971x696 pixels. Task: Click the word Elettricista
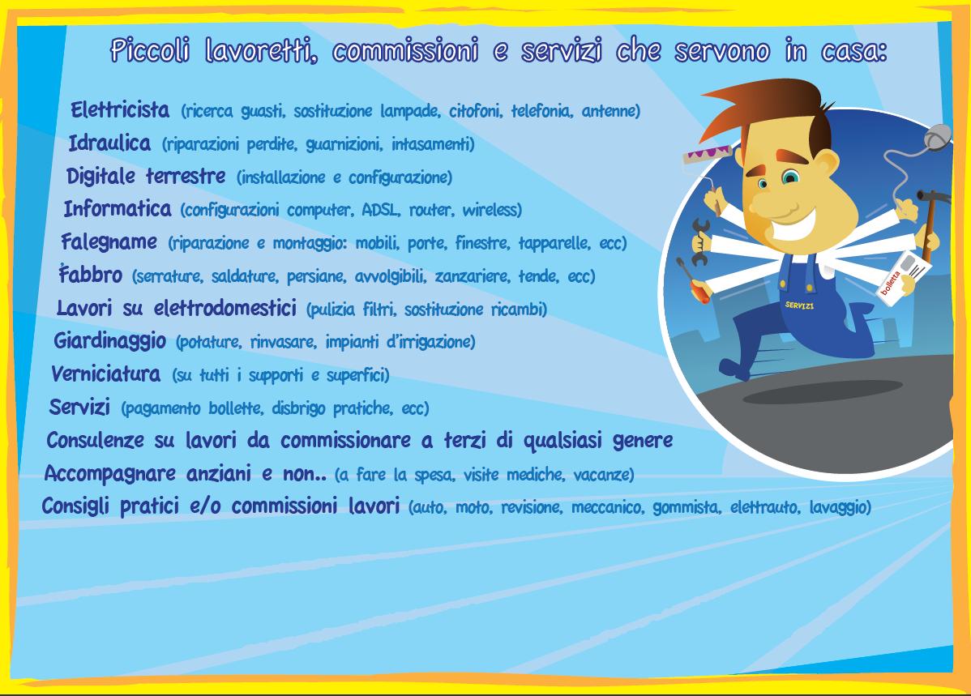(x=119, y=110)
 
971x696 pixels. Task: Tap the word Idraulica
(x=109, y=143)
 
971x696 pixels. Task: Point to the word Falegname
(x=109, y=241)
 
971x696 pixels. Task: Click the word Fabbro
(x=91, y=274)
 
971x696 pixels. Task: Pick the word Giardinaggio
(x=109, y=340)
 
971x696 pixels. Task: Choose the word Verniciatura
(x=105, y=374)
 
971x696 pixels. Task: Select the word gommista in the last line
(x=687, y=508)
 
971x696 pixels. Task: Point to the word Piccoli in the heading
(x=150, y=50)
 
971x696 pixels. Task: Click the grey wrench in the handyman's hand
(x=699, y=242)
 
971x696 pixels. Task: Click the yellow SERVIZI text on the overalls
(x=799, y=305)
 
